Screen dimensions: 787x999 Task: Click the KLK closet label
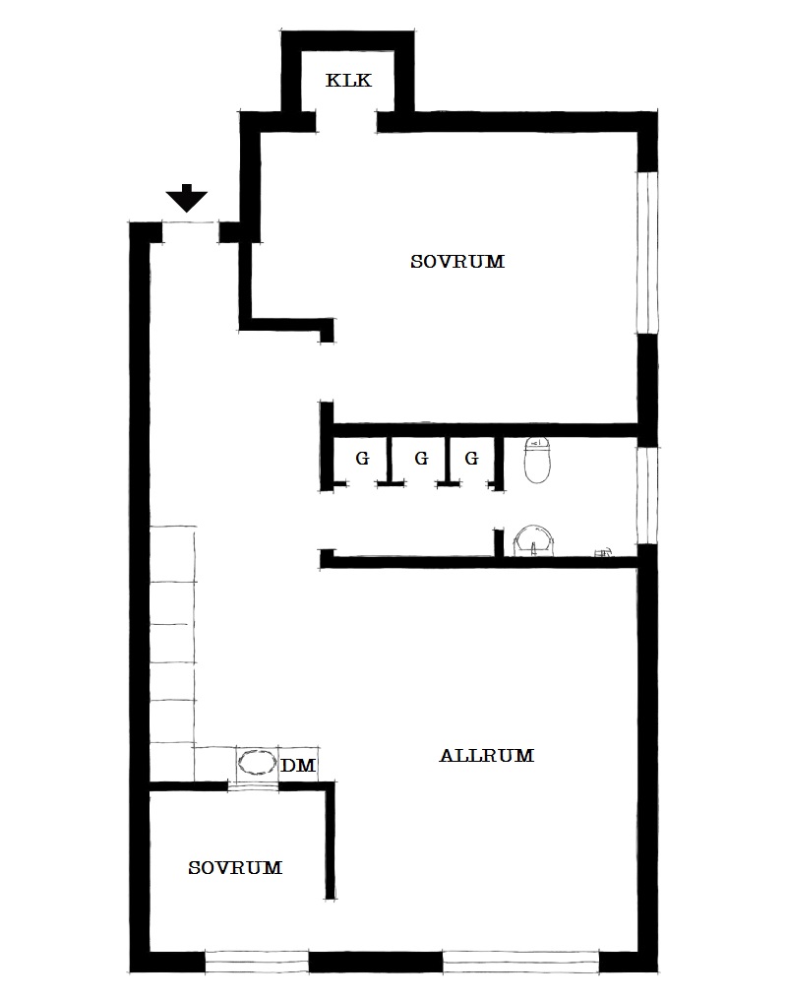[348, 81]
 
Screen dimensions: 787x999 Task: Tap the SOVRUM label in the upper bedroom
[457, 262]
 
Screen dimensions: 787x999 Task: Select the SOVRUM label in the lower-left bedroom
[235, 868]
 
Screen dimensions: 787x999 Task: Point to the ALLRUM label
[486, 756]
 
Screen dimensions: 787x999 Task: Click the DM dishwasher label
[298, 765]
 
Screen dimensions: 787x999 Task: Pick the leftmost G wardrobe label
[362, 458]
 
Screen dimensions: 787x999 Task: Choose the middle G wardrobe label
[421, 458]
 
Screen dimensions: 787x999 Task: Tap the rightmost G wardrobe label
[471, 458]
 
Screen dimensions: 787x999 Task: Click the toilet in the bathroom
[537, 460]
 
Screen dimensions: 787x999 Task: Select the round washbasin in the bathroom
[534, 541]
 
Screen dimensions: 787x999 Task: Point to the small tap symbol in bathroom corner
[602, 552]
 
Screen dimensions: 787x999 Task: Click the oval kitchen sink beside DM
[257, 763]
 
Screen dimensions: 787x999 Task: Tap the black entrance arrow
[187, 198]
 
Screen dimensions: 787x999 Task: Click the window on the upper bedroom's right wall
[647, 252]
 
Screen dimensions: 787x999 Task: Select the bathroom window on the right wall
[647, 496]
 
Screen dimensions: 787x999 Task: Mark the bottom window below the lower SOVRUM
[257, 962]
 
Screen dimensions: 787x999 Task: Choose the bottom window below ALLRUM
[520, 962]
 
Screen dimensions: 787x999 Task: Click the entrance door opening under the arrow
[191, 223]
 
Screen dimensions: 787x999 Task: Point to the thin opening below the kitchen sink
[254, 786]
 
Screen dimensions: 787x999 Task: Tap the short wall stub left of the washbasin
[499, 542]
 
